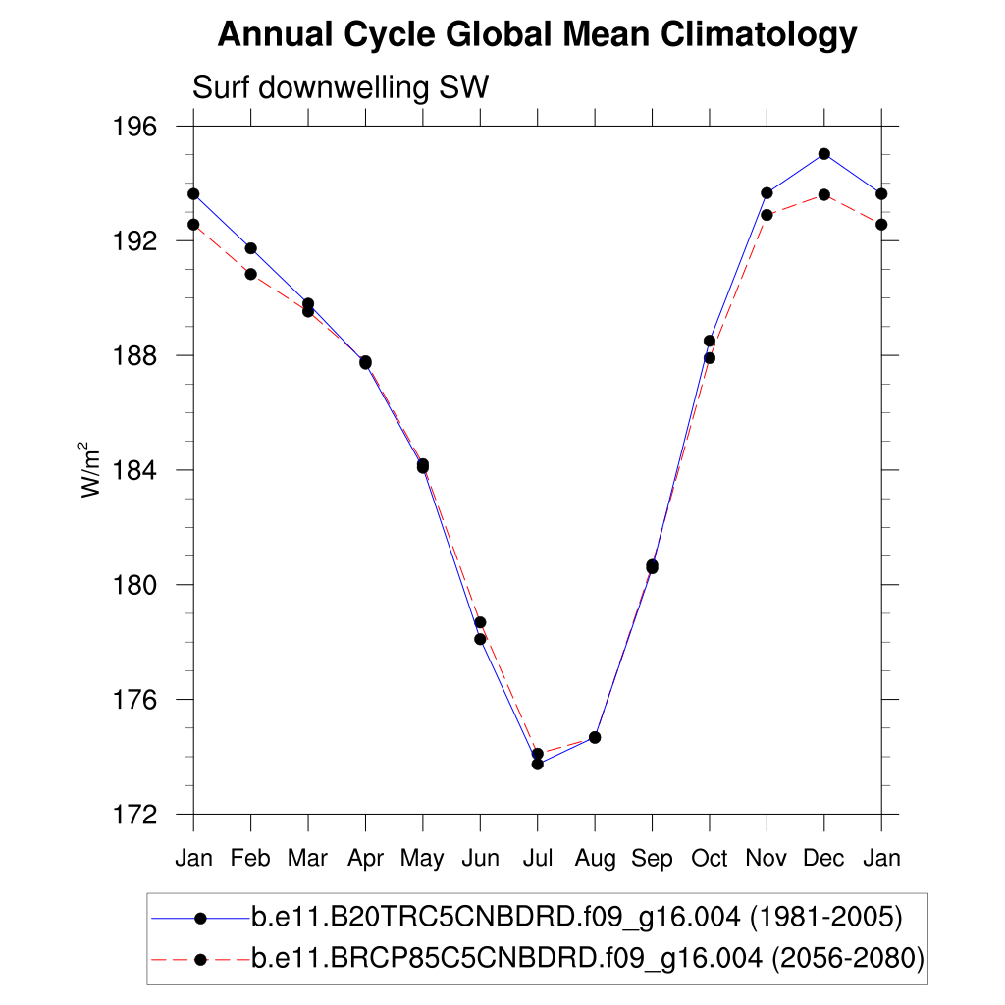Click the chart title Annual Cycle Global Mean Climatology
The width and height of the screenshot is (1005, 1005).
pos(537,35)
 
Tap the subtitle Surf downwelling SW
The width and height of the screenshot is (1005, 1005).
pos(340,88)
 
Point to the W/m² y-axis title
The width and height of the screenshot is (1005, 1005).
pos(90,470)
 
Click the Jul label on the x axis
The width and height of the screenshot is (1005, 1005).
pos(537,858)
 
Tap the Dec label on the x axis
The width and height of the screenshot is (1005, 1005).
pos(823,858)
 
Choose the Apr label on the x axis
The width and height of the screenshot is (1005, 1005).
pos(365,858)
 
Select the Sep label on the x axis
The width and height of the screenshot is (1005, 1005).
pos(652,859)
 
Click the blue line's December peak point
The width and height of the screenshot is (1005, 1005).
pos(824,154)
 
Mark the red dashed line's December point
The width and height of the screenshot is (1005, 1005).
pos(824,195)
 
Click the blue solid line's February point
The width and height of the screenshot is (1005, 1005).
pos(251,248)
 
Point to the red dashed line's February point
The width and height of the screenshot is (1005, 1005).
pos(251,274)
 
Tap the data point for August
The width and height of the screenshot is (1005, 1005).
pos(595,737)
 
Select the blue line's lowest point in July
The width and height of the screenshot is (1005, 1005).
pos(538,764)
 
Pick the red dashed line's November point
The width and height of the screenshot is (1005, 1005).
pos(767,215)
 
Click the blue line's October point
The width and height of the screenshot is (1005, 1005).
pos(710,341)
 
